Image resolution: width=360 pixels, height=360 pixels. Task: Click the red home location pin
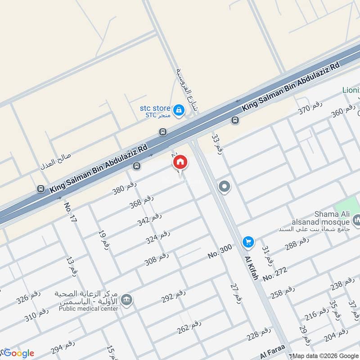tap(180, 162)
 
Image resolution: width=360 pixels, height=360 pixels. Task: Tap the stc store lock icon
tap(179, 109)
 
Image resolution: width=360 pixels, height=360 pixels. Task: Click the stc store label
tap(155, 108)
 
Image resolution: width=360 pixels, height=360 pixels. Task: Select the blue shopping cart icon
tap(248, 242)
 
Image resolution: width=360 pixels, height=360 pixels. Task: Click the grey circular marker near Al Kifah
tap(224, 187)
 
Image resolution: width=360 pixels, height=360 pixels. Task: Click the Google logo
tap(18, 353)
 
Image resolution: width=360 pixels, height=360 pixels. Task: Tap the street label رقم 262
tap(189, 328)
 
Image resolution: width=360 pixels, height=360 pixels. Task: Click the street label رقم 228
tap(259, 334)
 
